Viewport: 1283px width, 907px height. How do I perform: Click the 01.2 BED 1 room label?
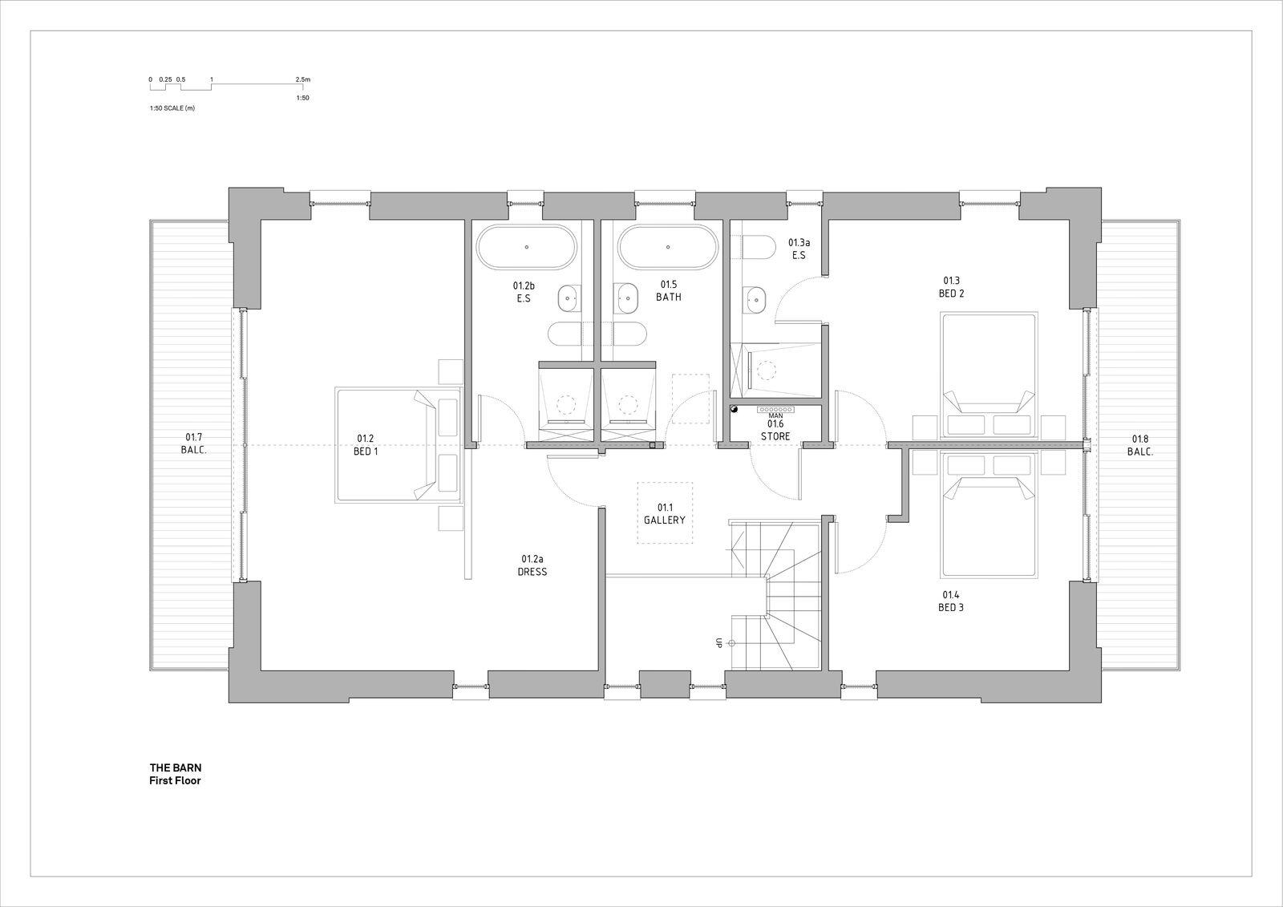tap(366, 445)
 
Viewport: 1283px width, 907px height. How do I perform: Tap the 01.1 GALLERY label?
tap(664, 514)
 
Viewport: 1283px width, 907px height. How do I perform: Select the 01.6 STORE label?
tap(775, 430)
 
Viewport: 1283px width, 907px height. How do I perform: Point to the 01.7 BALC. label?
tap(193, 443)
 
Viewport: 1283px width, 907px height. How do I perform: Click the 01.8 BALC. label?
tap(1139, 445)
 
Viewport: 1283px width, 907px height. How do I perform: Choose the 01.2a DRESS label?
tap(532, 565)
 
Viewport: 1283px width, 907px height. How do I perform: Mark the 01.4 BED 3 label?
tap(950, 601)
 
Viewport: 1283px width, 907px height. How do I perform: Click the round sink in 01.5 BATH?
tap(626, 298)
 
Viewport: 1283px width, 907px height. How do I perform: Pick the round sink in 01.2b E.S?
tap(569, 299)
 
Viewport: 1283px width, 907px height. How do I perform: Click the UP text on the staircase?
tap(719, 643)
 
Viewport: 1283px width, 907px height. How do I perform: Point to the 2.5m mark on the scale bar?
tap(302, 80)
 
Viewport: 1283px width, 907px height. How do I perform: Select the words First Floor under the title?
tap(174, 780)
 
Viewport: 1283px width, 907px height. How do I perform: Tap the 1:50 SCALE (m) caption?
tap(172, 108)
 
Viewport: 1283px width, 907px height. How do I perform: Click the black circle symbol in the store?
tap(734, 409)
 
